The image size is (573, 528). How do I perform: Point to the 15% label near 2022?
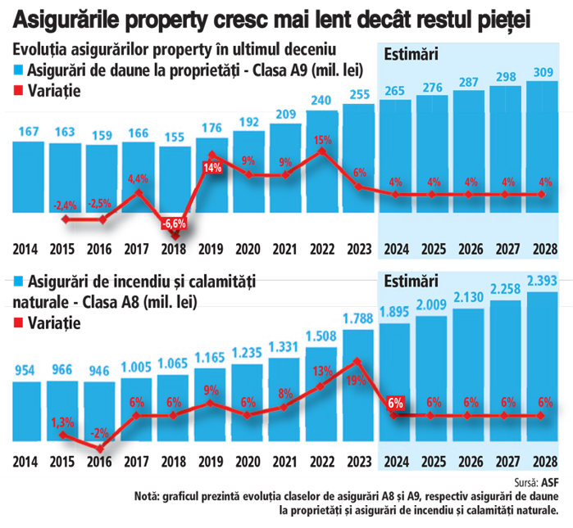[322, 140]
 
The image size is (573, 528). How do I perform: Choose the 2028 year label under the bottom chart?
[541, 461]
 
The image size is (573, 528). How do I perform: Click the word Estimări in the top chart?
[412, 55]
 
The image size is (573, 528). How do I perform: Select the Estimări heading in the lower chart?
[412, 280]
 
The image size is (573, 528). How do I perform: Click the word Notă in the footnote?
[148, 495]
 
